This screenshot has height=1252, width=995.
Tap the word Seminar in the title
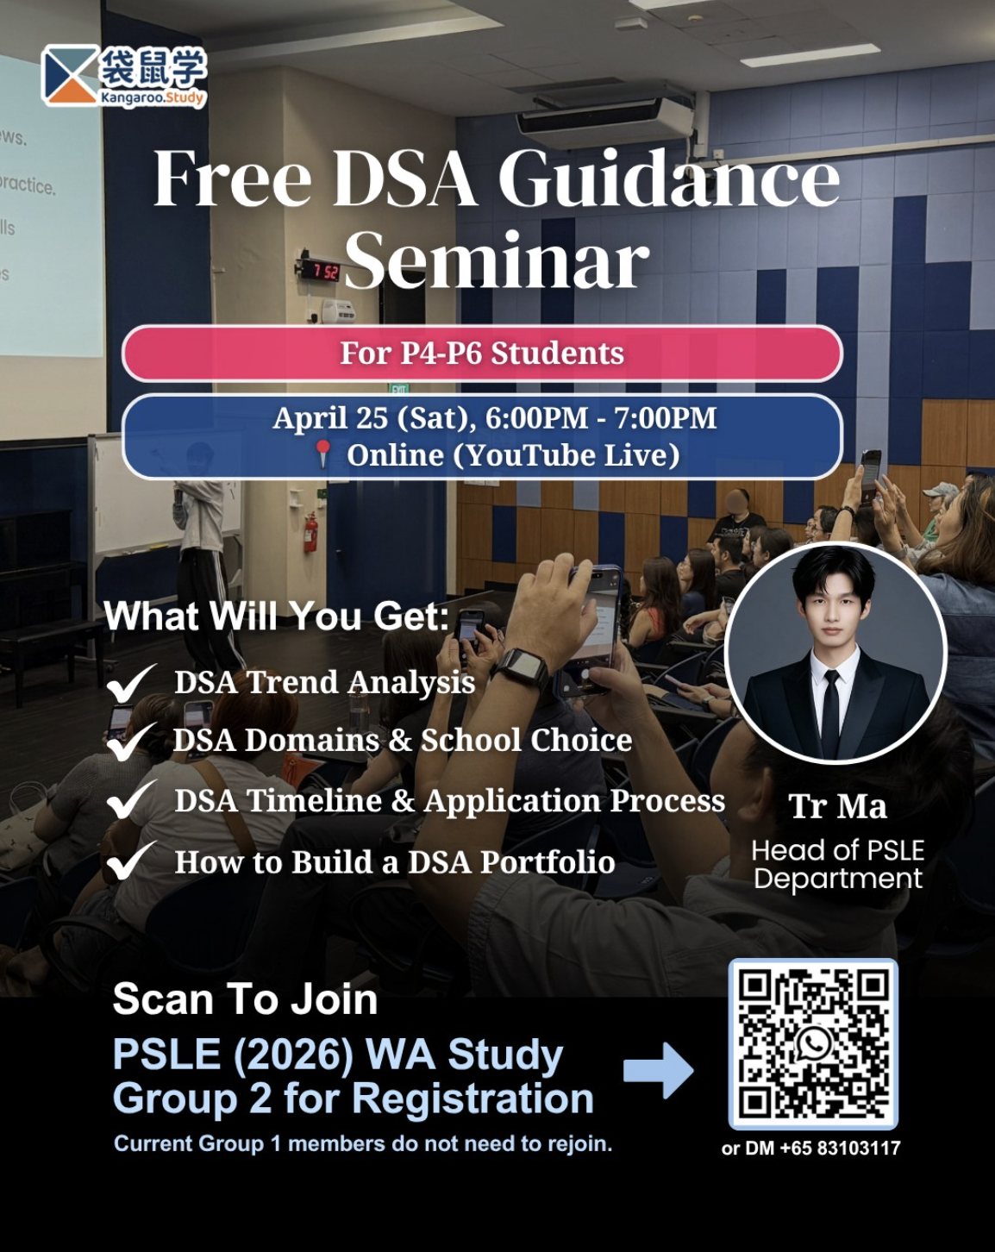click(x=497, y=260)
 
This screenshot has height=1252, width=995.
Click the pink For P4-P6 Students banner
click(x=482, y=354)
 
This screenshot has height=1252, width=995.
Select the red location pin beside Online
click(x=323, y=454)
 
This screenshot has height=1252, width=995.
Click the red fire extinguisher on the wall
click(x=311, y=531)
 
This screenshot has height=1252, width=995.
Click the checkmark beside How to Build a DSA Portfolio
click(x=132, y=861)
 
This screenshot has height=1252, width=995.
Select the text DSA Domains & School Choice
click(x=403, y=740)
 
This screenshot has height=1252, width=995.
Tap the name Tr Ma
click(x=837, y=806)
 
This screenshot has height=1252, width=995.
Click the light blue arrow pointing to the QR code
click(x=658, y=1070)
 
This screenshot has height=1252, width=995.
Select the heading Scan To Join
click(x=245, y=999)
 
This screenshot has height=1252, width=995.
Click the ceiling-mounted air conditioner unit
click(x=605, y=120)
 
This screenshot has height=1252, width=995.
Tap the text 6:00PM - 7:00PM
click(x=600, y=417)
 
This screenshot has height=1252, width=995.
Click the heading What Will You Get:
click(x=277, y=616)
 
